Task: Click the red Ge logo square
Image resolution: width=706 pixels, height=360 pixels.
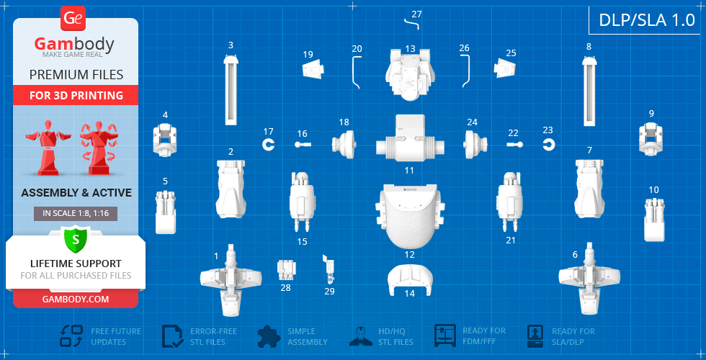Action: (73, 19)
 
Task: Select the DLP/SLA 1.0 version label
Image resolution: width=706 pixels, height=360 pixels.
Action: (647, 20)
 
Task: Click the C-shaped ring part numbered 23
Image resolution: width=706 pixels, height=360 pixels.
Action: (548, 145)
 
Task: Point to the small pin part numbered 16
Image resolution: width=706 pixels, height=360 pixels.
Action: (303, 145)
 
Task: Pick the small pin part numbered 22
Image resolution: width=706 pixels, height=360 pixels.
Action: (515, 145)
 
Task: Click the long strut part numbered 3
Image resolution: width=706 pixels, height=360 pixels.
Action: (231, 89)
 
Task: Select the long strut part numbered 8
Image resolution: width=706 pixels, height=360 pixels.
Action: (589, 91)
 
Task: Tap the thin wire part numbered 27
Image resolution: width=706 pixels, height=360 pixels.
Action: (411, 22)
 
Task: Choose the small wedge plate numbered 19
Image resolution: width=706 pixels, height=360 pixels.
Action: (313, 69)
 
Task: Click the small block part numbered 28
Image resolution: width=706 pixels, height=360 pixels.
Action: (285, 270)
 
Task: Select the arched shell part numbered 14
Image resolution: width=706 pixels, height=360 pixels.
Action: (410, 280)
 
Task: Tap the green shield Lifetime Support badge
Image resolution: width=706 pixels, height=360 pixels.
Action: (76, 239)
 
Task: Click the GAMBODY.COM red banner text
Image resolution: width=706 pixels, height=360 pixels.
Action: (76, 299)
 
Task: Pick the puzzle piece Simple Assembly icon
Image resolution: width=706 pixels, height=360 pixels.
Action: (269, 336)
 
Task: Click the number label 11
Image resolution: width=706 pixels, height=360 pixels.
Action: (409, 171)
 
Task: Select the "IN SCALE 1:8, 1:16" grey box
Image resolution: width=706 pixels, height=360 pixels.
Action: (76, 214)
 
